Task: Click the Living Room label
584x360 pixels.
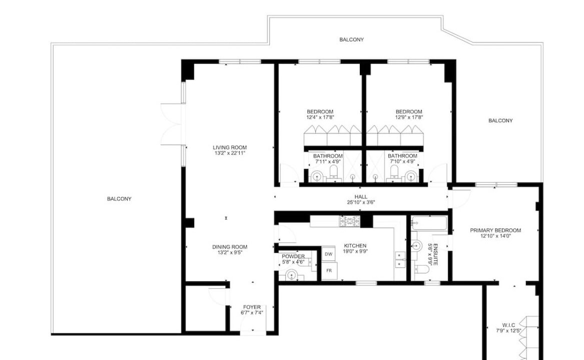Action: (229, 147)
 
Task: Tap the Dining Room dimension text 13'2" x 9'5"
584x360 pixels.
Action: (229, 252)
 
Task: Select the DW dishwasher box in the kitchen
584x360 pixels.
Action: (328, 254)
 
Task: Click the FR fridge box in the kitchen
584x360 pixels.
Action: (329, 270)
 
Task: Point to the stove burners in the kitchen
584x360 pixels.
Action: (350, 221)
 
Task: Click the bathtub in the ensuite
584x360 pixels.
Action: (429, 223)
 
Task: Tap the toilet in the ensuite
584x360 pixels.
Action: (421, 269)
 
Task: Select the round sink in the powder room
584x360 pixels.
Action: (291, 275)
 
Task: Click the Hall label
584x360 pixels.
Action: (360, 196)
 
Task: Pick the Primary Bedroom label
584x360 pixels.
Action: (495, 230)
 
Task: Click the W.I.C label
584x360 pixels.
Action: (508, 325)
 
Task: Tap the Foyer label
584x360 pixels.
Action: (252, 307)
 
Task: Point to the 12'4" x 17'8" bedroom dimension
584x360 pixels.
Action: (320, 117)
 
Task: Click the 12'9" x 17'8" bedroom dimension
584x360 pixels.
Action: (409, 117)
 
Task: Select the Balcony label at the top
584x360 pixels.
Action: (352, 39)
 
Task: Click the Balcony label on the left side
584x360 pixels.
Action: (119, 199)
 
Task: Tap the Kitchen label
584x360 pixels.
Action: (355, 245)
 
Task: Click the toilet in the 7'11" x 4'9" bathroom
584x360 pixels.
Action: (333, 172)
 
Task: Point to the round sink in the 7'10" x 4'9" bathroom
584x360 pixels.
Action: (410, 175)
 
